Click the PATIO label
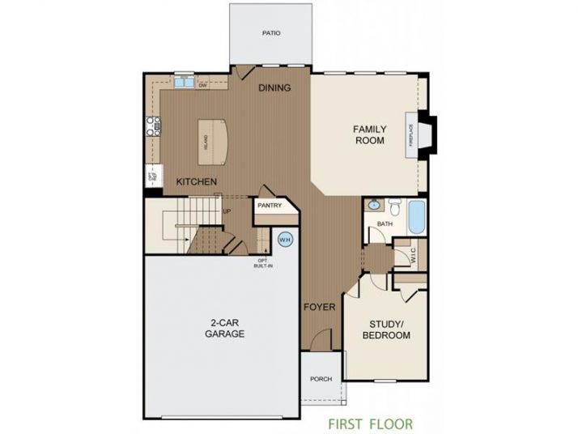[270, 34]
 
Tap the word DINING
[274, 87]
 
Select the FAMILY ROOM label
[368, 134]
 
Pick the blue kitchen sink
[182, 81]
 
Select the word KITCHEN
[196, 181]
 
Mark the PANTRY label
[269, 206]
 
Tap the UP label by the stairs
[227, 212]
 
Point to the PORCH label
[321, 378]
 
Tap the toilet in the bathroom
[394, 206]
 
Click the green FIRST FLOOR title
[370, 423]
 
